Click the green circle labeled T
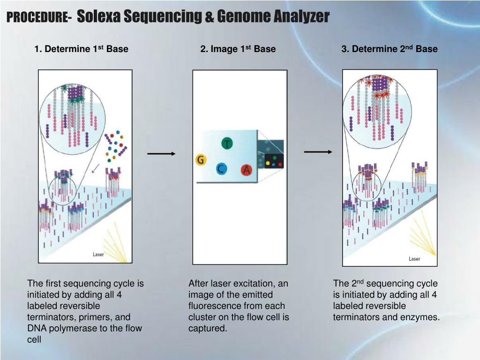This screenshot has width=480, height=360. (227, 143)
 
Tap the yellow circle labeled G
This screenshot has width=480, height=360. (201, 160)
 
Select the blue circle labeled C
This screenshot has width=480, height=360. (221, 169)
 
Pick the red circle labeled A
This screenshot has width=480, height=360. (247, 170)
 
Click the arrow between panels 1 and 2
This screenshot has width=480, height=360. (161, 154)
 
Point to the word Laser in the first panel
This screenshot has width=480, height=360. (98, 255)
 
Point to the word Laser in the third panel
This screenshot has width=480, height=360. (414, 259)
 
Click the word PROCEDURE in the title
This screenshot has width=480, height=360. (37, 18)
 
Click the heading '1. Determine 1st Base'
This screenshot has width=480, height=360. (81, 49)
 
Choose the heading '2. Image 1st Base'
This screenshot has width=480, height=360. (238, 49)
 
